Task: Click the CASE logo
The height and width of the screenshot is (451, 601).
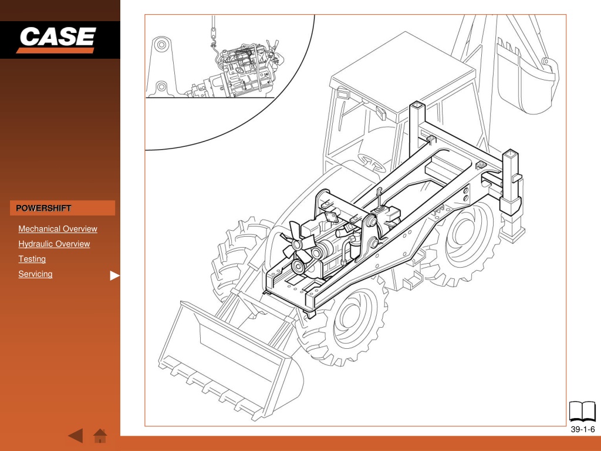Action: pos(57,39)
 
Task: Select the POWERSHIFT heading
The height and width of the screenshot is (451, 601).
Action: pos(43,208)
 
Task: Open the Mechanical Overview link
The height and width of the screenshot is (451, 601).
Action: pos(58,229)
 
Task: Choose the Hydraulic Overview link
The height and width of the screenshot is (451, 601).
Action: pos(54,244)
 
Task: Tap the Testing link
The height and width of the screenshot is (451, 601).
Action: pos(32,259)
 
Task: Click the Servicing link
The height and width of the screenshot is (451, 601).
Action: pos(35,274)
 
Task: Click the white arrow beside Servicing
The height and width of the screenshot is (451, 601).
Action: pos(114,275)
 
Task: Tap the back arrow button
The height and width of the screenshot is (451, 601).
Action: pos(76,436)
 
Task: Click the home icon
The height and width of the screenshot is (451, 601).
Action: pos(100,436)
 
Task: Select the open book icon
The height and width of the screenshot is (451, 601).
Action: pos(582,412)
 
